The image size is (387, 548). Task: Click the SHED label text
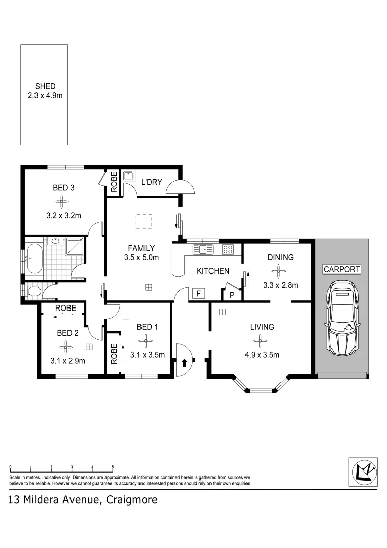pyautogui.click(x=45, y=87)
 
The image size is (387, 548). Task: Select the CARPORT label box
pyautogui.click(x=342, y=269)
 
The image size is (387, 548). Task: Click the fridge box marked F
pyautogui.click(x=198, y=294)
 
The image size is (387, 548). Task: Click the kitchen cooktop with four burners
pyautogui.click(x=228, y=249)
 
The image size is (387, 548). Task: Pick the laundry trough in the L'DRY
pyautogui.click(x=128, y=176)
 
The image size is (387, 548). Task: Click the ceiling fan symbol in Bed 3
pyautogui.click(x=63, y=202)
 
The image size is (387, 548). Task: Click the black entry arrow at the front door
pyautogui.click(x=184, y=362)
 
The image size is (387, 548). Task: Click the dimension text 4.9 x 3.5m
pyautogui.click(x=262, y=355)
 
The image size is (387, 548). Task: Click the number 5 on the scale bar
pyautogui.click(x=113, y=467)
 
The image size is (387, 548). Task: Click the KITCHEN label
pyautogui.click(x=213, y=271)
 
